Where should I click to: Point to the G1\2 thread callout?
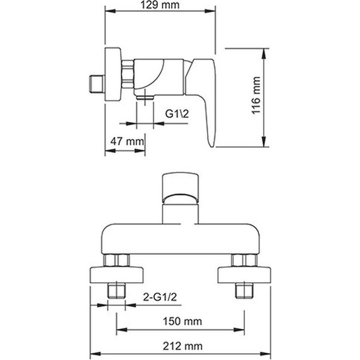click(x=179, y=114)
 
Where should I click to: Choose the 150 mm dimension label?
click(x=181, y=321)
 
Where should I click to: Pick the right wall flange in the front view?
click(x=243, y=274)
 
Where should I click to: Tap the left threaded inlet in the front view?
click(x=116, y=291)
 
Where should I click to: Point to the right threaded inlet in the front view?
click(x=243, y=291)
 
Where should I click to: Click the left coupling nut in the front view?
click(x=117, y=260)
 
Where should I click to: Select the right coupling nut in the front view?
click(x=243, y=260)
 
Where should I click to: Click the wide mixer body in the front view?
click(x=181, y=239)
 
